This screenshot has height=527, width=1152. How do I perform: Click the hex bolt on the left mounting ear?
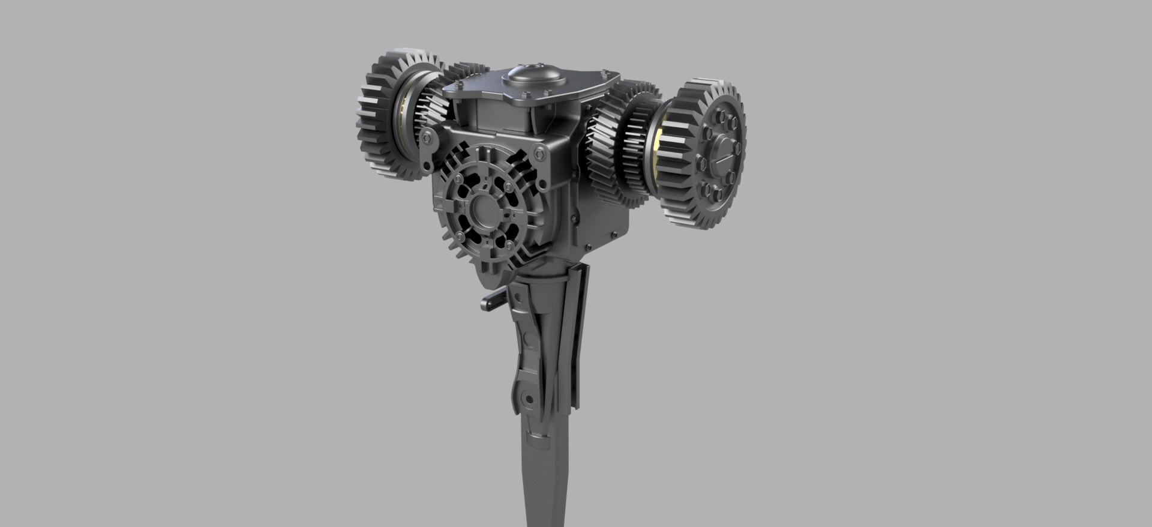(x=427, y=137)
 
